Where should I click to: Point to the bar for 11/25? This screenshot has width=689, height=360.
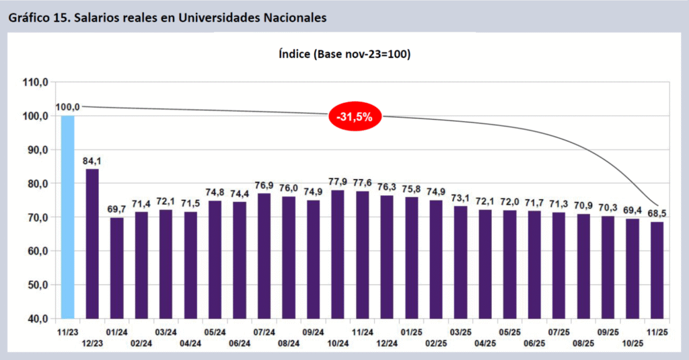point(656,270)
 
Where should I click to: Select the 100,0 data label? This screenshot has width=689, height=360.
point(68,107)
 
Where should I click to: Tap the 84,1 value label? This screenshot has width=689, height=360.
point(92,160)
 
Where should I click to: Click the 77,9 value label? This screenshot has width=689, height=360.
point(337,181)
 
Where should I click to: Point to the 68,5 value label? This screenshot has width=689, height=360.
point(657,213)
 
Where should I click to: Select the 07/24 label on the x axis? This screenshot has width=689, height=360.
point(264,332)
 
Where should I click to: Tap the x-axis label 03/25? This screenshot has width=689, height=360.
point(460,332)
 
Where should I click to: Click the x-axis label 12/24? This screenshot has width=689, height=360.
point(386,343)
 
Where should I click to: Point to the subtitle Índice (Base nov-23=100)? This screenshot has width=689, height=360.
point(344,55)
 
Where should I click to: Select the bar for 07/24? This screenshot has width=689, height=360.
point(264,256)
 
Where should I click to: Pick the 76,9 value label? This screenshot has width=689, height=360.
point(264,185)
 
